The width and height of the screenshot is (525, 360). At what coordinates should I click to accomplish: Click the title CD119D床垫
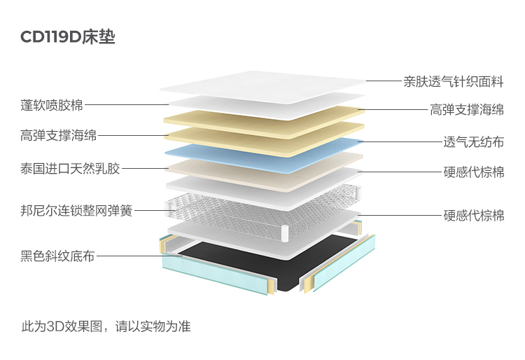tap(68, 37)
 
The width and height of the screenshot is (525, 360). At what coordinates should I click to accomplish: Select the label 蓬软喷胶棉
tap(52, 105)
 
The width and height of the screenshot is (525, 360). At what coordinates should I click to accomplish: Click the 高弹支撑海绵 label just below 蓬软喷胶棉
tap(59, 135)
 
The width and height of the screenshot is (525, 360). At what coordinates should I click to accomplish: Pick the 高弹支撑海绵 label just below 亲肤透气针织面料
tap(466, 109)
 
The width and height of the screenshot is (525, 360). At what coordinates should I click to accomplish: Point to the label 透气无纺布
tap(473, 141)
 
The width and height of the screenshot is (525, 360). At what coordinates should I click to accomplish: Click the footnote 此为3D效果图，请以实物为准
tap(106, 326)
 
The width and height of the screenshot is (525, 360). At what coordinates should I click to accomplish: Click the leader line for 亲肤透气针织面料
tap(382, 81)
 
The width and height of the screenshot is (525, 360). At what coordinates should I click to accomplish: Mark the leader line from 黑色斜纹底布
tap(133, 256)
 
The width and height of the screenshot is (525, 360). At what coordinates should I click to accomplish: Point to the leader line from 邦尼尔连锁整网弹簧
tap(150, 209)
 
